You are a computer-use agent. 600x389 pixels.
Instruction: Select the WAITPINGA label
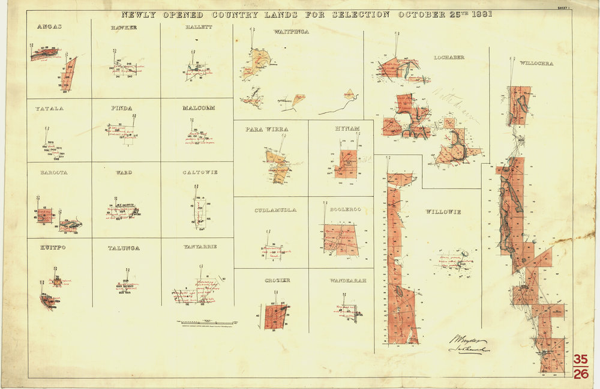(x=290, y=31)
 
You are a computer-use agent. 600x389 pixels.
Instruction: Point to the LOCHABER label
(x=449, y=57)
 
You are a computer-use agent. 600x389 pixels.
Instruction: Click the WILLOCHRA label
(x=536, y=62)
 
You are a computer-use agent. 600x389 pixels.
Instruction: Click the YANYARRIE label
(x=201, y=247)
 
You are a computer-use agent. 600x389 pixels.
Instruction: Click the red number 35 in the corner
(x=580, y=360)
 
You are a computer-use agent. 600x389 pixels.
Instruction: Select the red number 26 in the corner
(x=580, y=375)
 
